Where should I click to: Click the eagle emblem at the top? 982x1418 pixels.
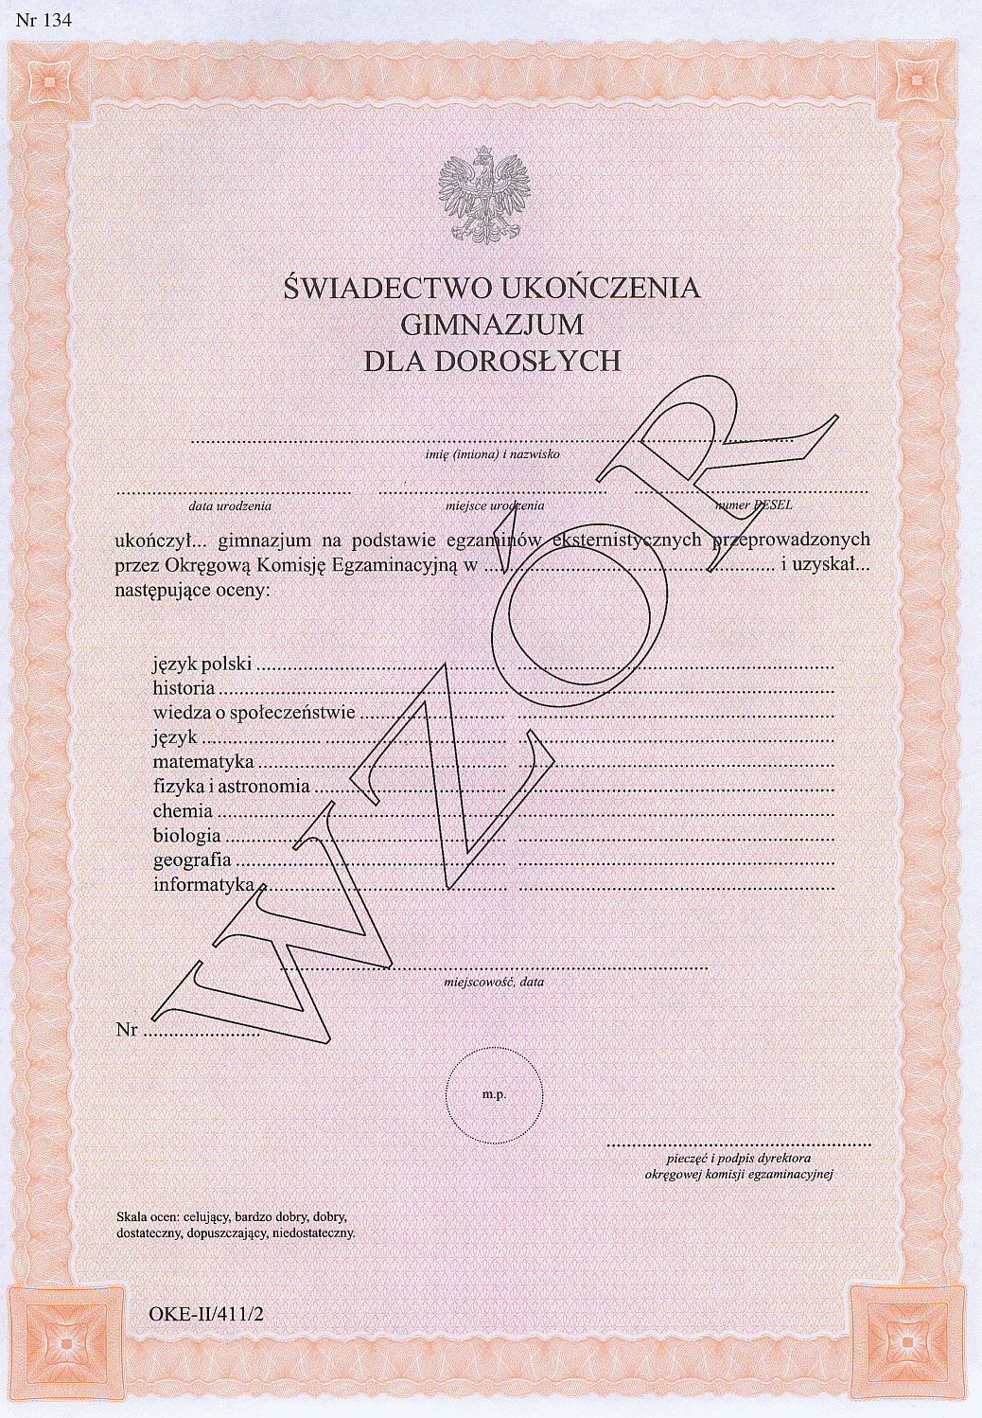click(x=484, y=194)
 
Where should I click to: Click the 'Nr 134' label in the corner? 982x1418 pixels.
click(x=44, y=20)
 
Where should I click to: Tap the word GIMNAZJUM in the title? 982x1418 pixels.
click(x=492, y=325)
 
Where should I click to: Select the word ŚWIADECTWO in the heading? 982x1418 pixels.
click(x=387, y=288)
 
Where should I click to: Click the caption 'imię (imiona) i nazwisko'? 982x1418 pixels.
click(x=492, y=454)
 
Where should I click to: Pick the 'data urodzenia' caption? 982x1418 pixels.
click(x=230, y=506)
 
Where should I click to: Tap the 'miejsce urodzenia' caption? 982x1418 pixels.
click(x=495, y=506)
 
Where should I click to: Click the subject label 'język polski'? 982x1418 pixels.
click(x=202, y=664)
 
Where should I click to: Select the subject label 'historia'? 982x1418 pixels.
click(x=184, y=688)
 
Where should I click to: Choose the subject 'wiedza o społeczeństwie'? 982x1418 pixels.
click(x=254, y=712)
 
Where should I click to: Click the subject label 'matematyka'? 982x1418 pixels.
click(x=203, y=761)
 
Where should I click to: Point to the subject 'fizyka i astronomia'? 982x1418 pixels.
click(x=232, y=786)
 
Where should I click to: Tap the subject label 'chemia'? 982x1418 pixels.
click(x=183, y=810)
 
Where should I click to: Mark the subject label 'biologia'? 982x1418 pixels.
click(x=187, y=835)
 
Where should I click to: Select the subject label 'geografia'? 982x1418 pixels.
click(x=192, y=860)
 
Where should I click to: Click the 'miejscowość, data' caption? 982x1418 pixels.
click(x=494, y=982)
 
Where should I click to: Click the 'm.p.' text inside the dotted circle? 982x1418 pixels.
click(x=494, y=1094)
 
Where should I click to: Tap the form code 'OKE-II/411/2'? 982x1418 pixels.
click(x=205, y=1314)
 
